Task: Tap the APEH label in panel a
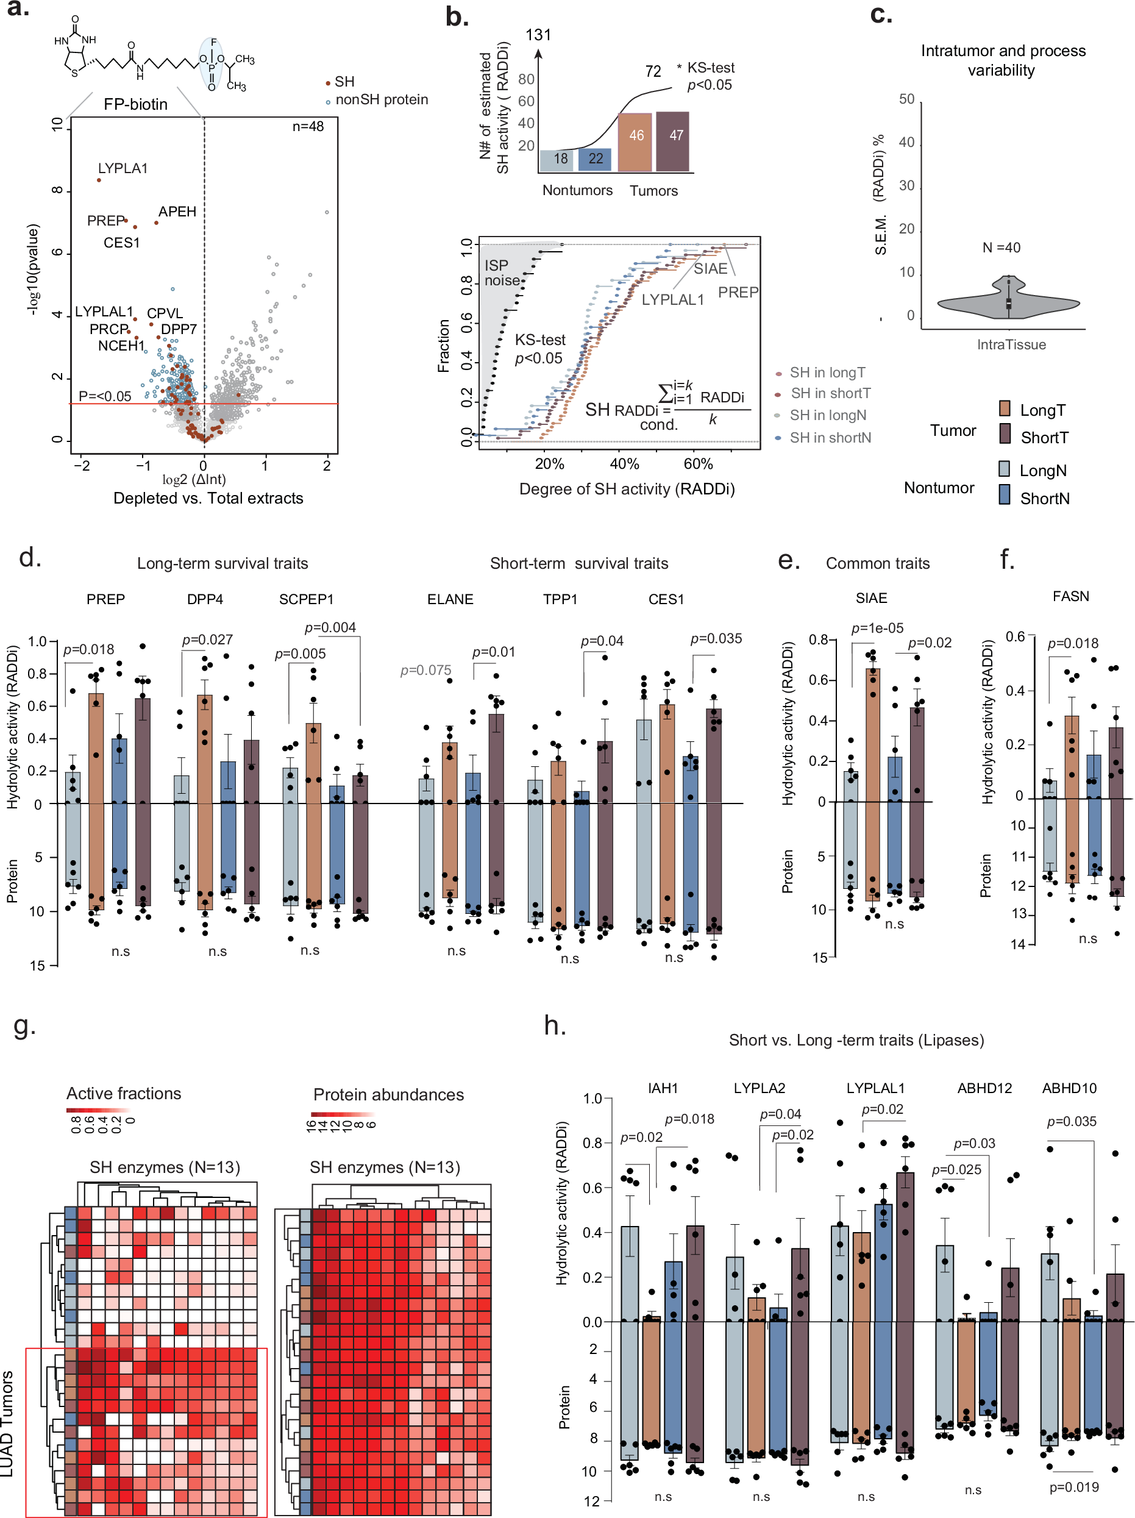click(x=177, y=212)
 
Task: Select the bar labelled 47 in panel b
click(x=672, y=141)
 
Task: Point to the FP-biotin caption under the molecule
click(x=135, y=104)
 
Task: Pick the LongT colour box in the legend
click(x=1005, y=409)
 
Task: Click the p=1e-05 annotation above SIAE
click(x=877, y=627)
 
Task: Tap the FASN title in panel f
click(x=1070, y=596)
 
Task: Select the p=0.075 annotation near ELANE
click(x=425, y=669)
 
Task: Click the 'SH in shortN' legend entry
click(x=830, y=437)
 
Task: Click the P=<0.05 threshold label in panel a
click(x=104, y=396)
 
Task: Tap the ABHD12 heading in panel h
click(x=984, y=1088)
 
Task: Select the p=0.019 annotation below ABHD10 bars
click(x=1074, y=1486)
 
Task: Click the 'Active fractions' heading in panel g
click(x=124, y=1093)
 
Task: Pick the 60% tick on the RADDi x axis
click(x=698, y=464)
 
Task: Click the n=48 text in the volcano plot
click(x=307, y=126)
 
